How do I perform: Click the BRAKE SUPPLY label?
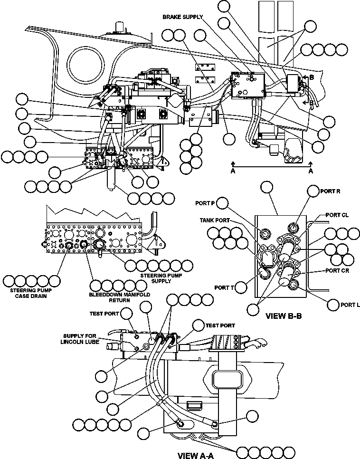183,17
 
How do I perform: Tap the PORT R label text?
330,191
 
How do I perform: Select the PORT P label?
205,203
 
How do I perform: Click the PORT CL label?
338,215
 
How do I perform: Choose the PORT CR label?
338,270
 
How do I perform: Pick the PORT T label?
223,287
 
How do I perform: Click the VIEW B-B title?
284,315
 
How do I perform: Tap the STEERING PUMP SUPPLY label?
155,278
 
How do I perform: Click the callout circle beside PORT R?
313,191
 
